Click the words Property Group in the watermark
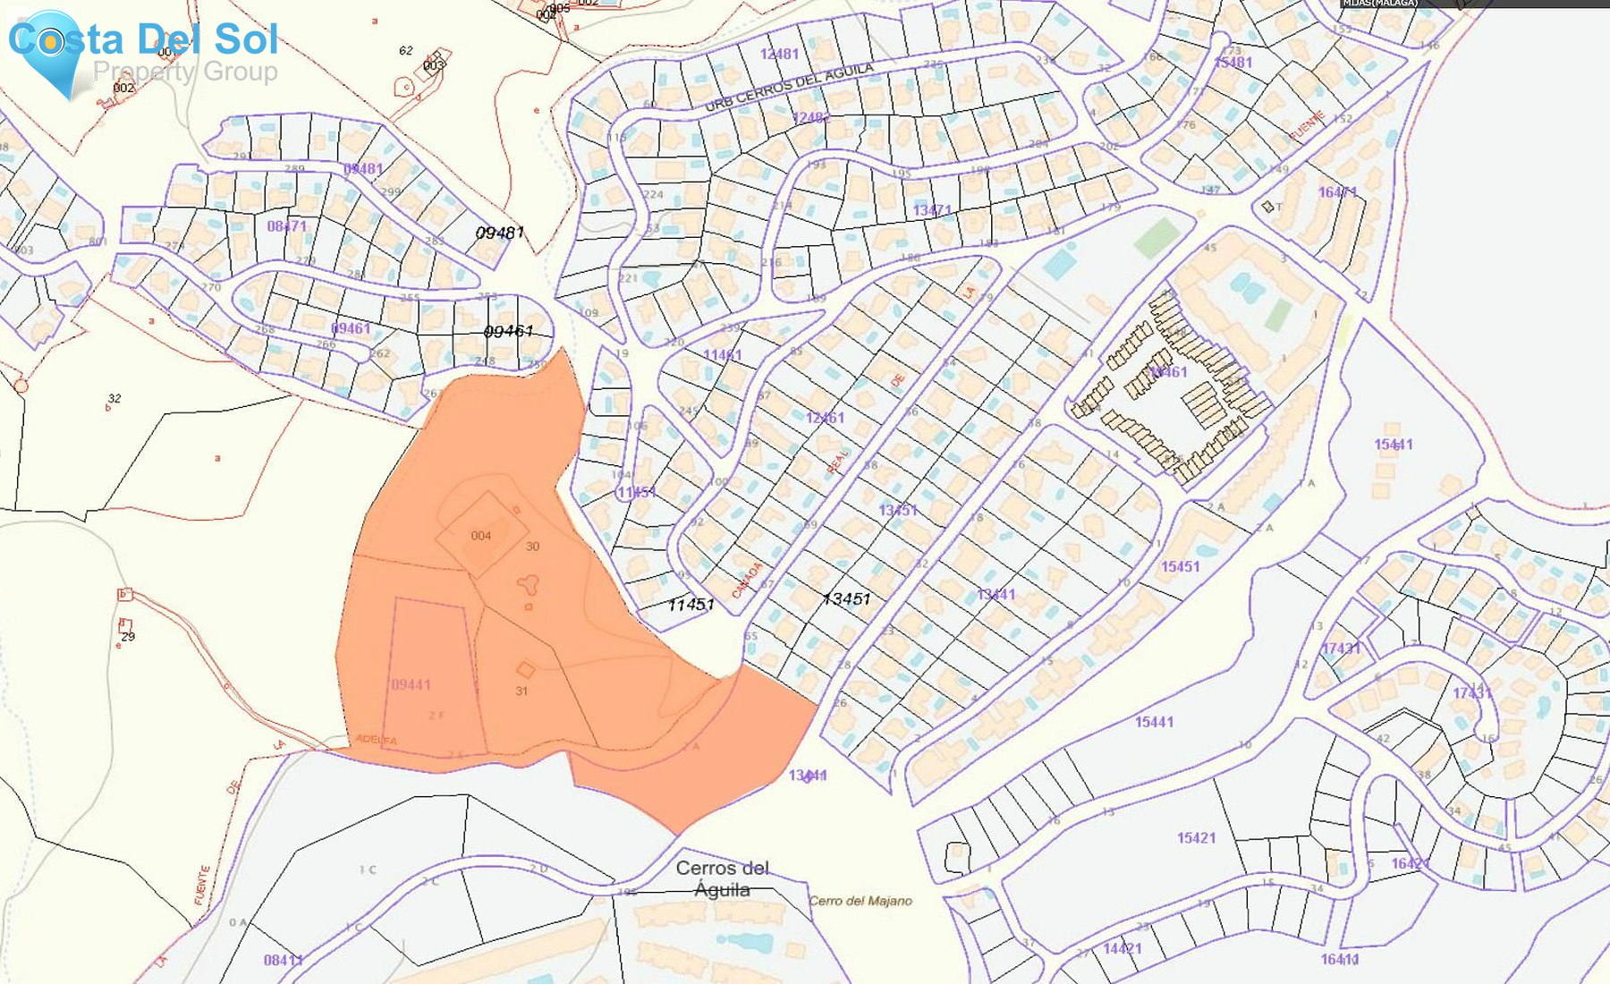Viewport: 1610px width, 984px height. (185, 72)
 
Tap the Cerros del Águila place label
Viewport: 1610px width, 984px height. (723, 878)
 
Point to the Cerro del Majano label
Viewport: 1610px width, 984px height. (860, 901)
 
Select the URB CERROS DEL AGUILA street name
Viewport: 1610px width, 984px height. (789, 88)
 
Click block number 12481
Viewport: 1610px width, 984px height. (779, 54)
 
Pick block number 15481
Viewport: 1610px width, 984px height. (1233, 63)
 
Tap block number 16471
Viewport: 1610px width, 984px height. (1337, 192)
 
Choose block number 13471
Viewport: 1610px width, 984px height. (932, 210)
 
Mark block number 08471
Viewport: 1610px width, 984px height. (286, 226)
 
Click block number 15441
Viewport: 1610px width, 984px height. (1154, 722)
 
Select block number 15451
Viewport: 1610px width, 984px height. (1180, 566)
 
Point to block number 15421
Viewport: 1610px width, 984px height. (1196, 838)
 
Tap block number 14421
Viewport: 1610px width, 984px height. (1122, 948)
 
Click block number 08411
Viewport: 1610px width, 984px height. (283, 960)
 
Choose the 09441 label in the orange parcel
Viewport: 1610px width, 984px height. (411, 684)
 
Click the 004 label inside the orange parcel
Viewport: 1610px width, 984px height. (480, 536)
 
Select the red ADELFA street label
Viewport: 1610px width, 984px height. (376, 739)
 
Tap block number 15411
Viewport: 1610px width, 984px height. (1393, 445)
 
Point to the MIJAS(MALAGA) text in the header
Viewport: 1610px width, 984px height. (1379, 4)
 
